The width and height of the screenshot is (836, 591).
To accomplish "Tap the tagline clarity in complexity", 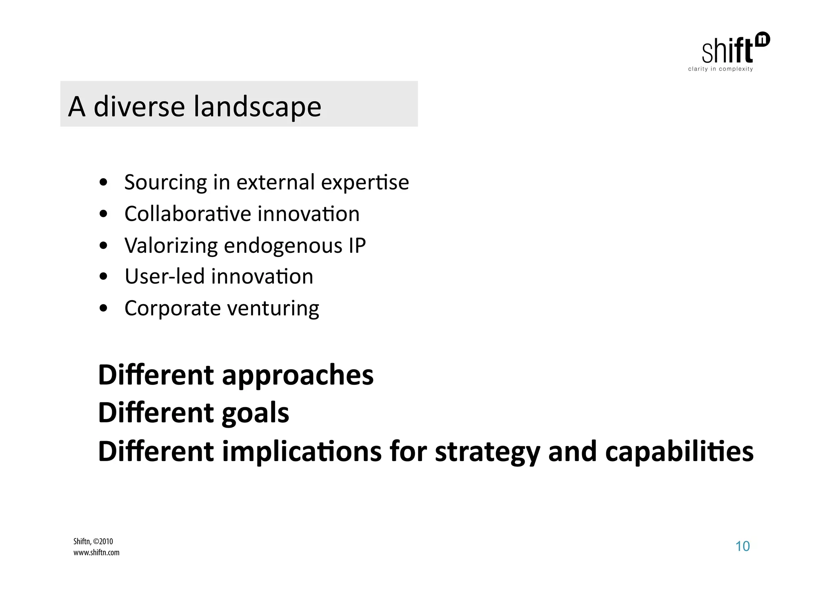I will (720, 69).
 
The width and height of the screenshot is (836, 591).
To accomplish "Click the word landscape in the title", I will (257, 107).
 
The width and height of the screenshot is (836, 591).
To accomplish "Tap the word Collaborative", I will (187, 214).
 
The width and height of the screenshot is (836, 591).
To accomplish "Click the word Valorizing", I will (171, 246).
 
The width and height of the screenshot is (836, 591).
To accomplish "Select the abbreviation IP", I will (357, 245).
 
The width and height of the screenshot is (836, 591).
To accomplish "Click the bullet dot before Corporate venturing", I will (104, 308).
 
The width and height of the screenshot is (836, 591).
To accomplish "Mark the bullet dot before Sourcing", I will (104, 183).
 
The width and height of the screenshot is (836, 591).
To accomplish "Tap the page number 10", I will (742, 546).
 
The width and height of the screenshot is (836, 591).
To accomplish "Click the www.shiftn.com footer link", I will (96, 553).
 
